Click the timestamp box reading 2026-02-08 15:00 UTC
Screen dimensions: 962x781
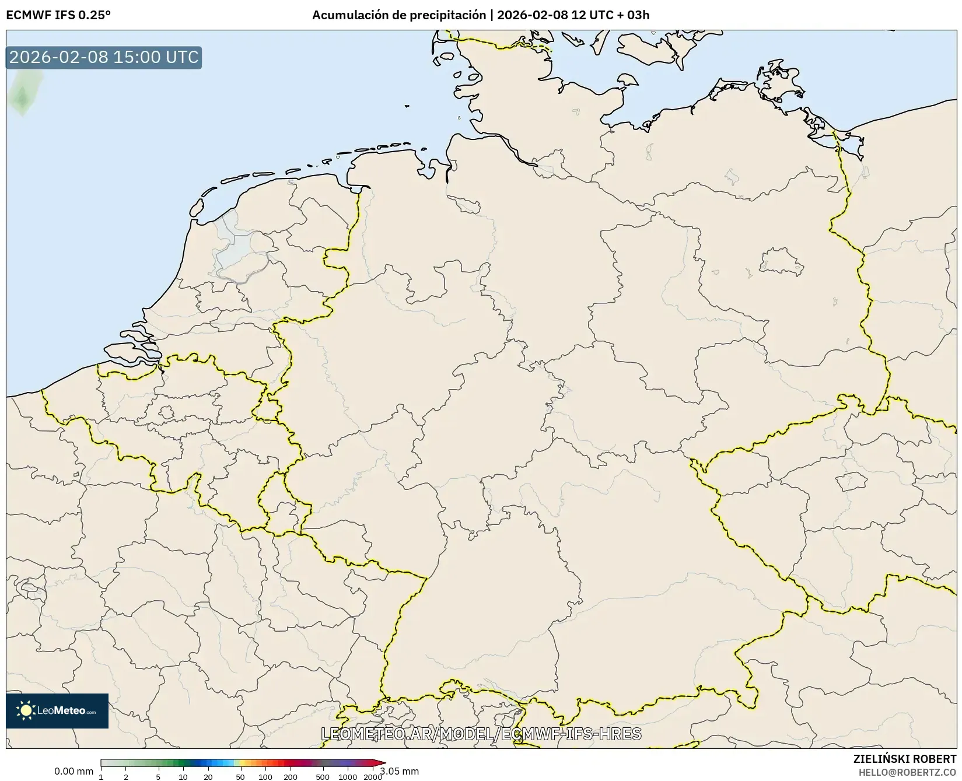tap(104, 57)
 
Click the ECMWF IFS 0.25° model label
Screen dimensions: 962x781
tap(58, 15)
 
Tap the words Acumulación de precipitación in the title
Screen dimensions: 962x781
tap(398, 15)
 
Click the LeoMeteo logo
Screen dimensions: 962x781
tap(57, 710)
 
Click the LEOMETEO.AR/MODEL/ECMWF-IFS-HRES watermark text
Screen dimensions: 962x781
tap(481, 734)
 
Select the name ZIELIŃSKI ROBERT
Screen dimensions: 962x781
tap(905, 759)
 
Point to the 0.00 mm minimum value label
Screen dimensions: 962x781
tap(74, 771)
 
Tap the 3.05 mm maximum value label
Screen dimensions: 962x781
tap(400, 771)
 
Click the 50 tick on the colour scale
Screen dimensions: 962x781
tap(240, 776)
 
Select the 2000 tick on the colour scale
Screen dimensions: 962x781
tap(372, 776)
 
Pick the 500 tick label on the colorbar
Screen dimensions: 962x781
tap(322, 776)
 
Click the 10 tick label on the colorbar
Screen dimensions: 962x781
tap(183, 776)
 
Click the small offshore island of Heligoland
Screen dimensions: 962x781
tap(407, 106)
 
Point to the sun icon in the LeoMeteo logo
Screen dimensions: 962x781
tap(26, 710)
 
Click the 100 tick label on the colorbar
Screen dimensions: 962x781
tap(265, 776)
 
